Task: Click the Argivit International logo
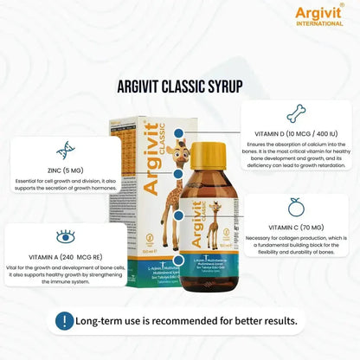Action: point(319,15)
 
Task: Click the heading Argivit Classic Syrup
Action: point(179,86)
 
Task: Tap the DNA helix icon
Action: point(66,150)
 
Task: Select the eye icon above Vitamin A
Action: point(65,236)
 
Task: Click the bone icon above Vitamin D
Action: point(296,112)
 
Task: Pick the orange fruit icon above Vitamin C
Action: point(295,206)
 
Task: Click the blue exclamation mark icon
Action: point(62,321)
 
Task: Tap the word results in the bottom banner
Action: point(274,321)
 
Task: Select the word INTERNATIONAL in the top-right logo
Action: point(319,23)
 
